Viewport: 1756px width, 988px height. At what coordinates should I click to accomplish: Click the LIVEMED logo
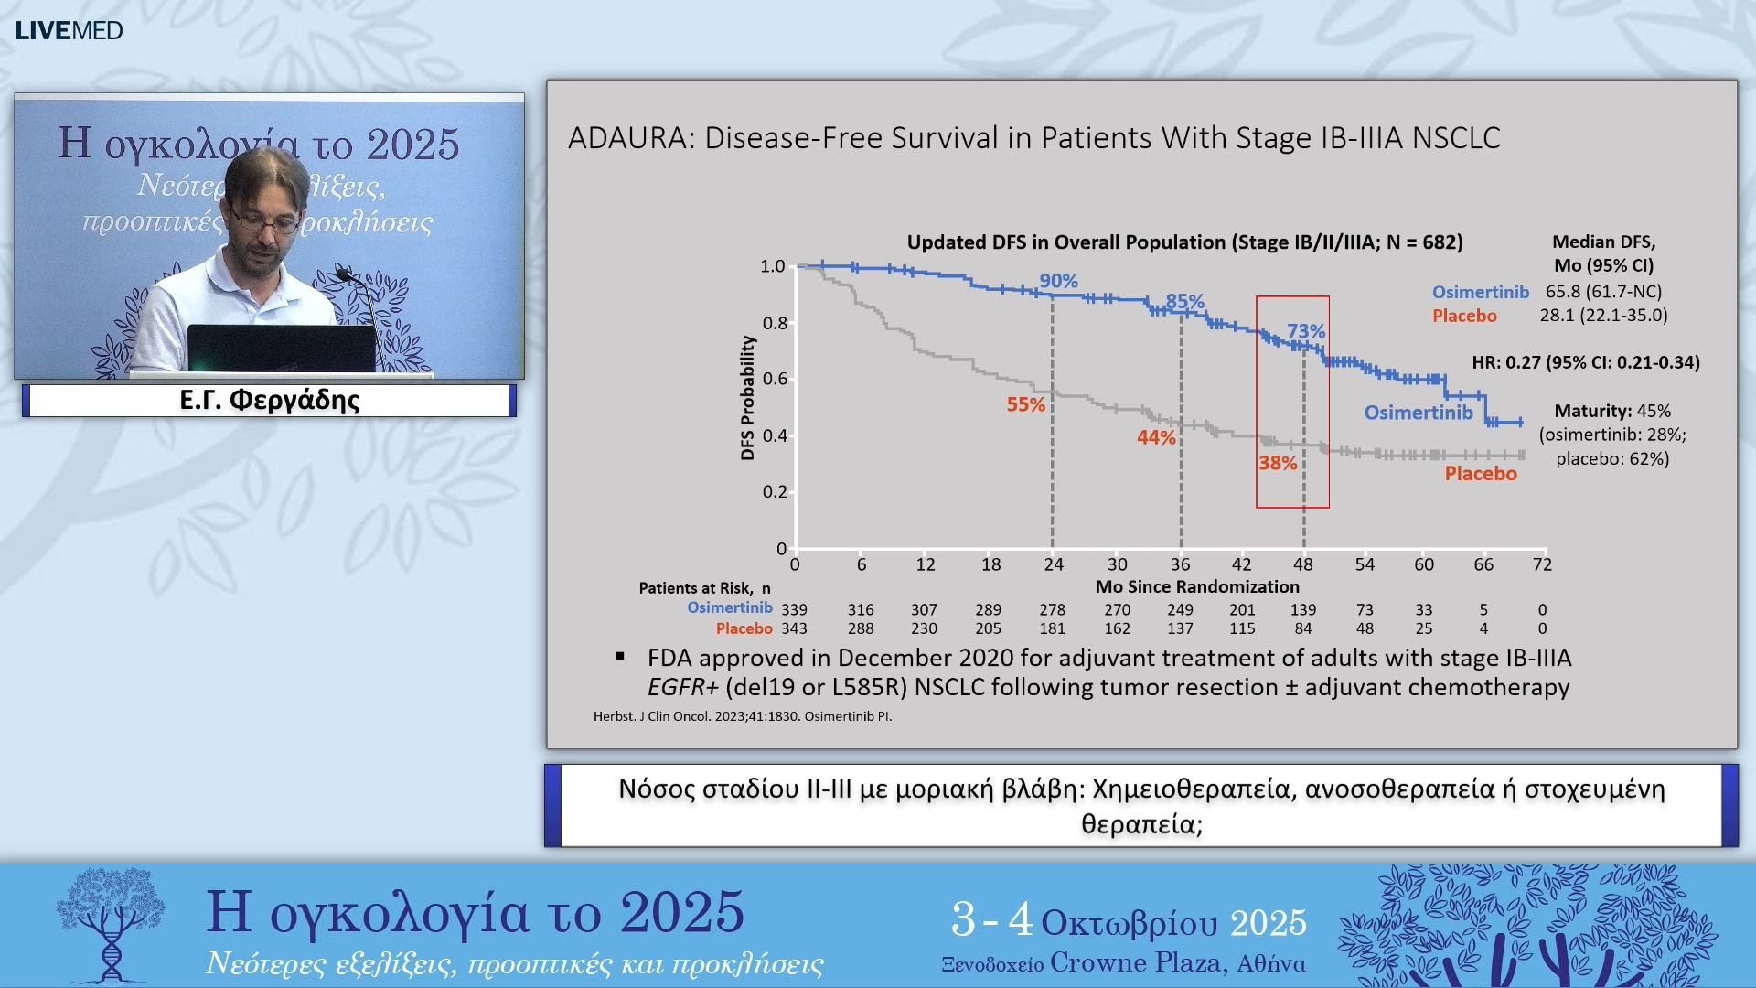[69, 30]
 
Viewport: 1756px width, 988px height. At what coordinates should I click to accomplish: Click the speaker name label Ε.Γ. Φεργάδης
[269, 401]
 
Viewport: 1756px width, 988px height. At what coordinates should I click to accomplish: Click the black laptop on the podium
[282, 348]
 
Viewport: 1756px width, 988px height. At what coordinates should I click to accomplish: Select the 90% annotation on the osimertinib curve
[1058, 281]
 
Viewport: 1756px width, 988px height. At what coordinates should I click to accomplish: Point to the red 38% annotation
[1278, 463]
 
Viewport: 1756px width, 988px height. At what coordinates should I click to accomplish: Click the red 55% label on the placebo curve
[1025, 404]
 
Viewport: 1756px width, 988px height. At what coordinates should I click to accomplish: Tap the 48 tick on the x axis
[1303, 564]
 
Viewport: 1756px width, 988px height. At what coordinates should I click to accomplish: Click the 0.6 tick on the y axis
[775, 379]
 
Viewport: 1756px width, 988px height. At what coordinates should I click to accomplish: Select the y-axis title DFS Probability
[747, 398]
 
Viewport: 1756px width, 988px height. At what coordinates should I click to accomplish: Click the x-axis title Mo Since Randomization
[1197, 586]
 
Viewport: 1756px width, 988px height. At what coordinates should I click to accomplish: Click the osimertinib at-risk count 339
[794, 609]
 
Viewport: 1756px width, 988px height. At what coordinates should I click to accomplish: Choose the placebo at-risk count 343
[794, 628]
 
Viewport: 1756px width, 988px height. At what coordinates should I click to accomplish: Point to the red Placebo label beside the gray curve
[1480, 474]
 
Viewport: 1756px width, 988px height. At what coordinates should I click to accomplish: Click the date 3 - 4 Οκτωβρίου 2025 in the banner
[1129, 920]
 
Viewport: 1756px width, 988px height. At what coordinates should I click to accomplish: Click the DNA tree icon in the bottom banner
[111, 924]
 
